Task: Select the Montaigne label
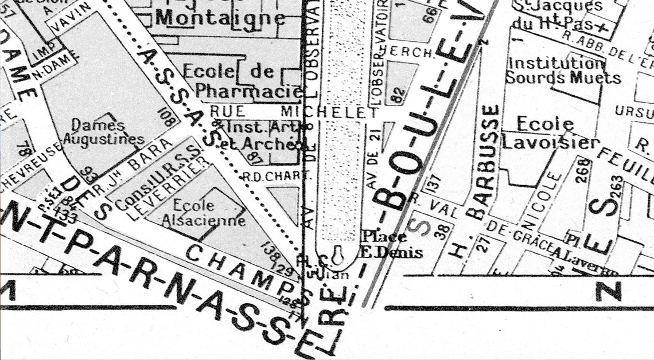220,17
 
